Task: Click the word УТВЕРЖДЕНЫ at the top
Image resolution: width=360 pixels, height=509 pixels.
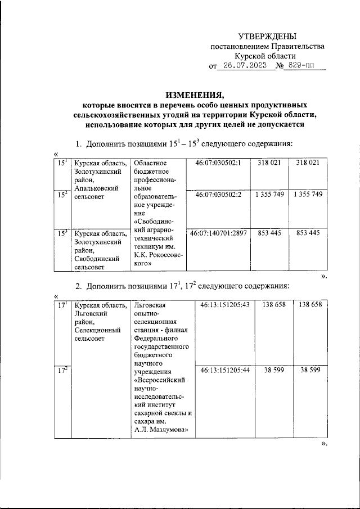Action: tap(267, 35)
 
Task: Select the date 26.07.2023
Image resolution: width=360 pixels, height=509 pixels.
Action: tap(245, 66)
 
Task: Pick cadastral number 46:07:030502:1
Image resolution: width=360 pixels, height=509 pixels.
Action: tap(218, 163)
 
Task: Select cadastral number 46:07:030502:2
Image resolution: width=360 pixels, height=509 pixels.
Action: tap(218, 195)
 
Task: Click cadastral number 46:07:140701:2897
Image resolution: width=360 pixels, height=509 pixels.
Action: tap(219, 233)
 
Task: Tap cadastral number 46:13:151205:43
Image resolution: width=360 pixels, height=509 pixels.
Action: tap(222, 305)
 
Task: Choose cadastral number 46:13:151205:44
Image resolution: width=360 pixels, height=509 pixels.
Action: tap(222, 371)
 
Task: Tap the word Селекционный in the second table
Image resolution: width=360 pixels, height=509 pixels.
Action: tap(97, 330)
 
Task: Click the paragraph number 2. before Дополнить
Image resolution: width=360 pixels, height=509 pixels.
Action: tap(79, 286)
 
